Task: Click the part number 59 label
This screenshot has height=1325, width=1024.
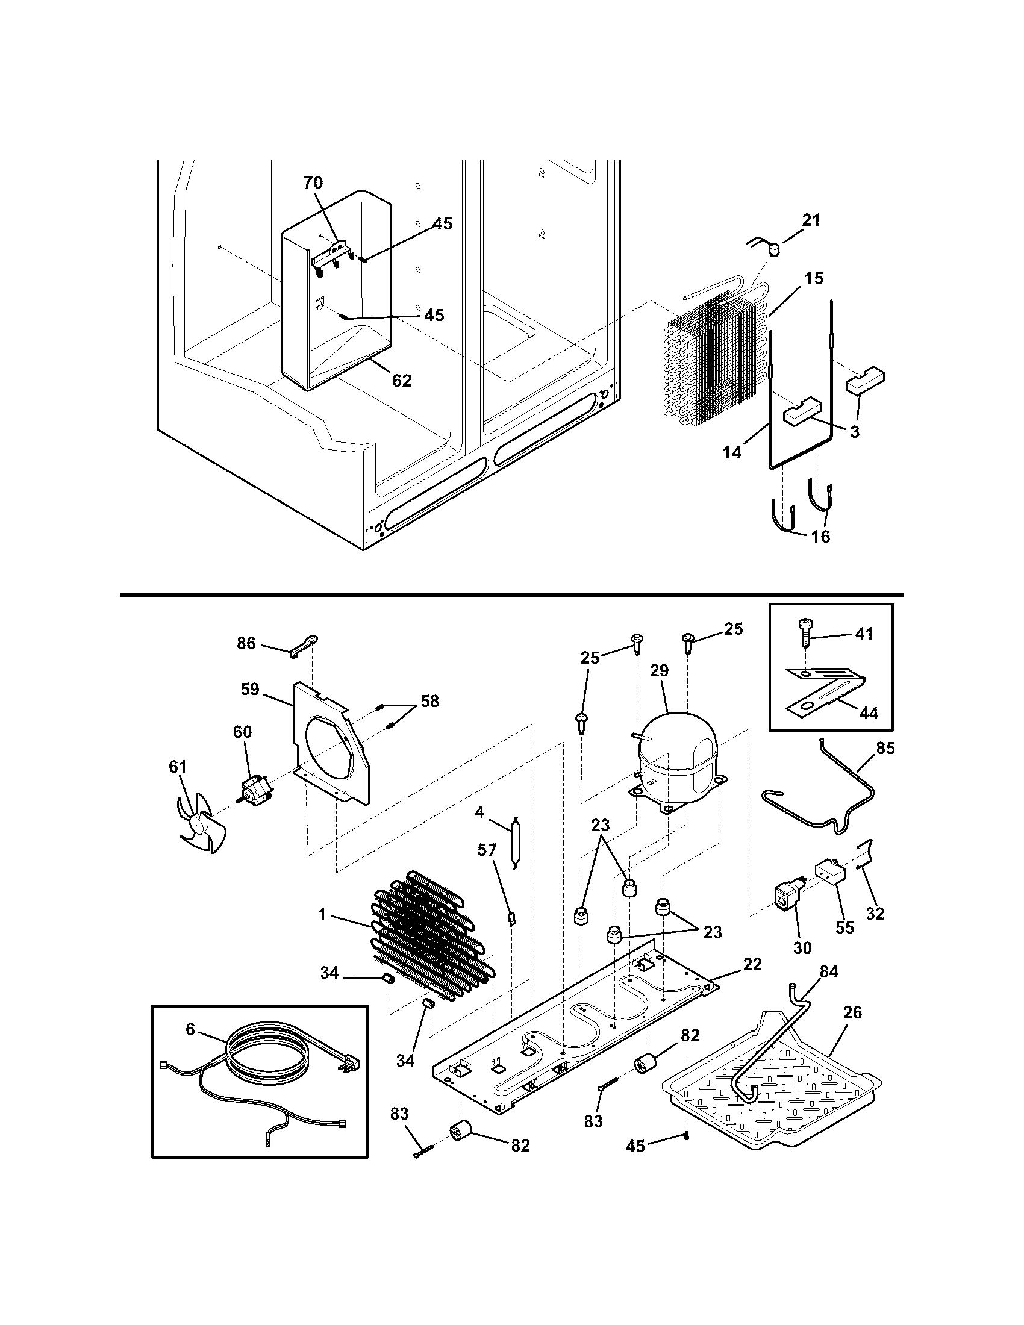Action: [x=249, y=689]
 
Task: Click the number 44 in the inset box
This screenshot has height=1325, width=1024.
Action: [x=869, y=714]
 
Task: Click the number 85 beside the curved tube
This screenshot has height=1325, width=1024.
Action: [x=885, y=748]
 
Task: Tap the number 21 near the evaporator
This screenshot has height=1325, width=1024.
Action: [x=811, y=220]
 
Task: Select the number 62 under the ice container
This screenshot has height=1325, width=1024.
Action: [x=402, y=381]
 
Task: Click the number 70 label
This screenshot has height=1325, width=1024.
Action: [x=313, y=182]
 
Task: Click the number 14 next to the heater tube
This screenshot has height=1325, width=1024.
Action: [x=732, y=452]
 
